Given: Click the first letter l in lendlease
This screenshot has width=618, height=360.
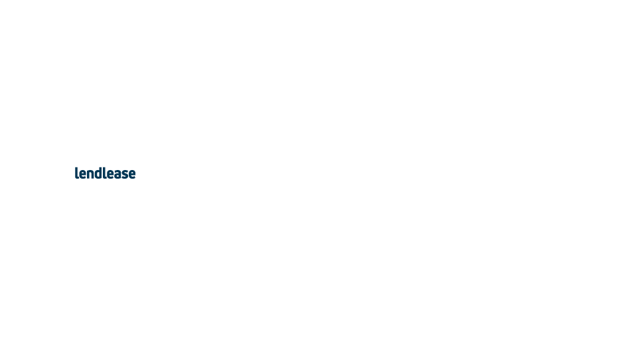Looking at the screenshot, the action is click(76, 173).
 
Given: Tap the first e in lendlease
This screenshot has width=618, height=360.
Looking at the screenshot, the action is click(83, 174).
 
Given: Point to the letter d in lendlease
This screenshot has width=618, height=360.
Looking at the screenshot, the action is click(99, 173).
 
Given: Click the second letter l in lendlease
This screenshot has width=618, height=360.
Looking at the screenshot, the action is click(105, 173).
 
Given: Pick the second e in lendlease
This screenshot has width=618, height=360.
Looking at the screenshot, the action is click(111, 174).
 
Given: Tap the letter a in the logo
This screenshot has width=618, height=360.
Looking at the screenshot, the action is click(118, 174).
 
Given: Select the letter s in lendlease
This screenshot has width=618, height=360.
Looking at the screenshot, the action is click(125, 174).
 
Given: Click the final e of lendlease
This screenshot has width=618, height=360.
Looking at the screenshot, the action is click(132, 174).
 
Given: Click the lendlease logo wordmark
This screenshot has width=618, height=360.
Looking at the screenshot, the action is click(106, 173).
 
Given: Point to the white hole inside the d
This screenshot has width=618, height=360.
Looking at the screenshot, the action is click(98, 174).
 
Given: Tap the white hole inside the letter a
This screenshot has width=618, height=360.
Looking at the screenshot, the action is click(118, 176).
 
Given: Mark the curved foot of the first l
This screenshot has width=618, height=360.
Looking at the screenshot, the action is click(78, 177).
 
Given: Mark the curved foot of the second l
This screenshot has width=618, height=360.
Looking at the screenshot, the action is click(106, 177).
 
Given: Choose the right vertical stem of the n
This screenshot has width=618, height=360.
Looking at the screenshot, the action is click(94, 175).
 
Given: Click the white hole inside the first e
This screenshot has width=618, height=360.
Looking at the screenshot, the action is click(83, 172).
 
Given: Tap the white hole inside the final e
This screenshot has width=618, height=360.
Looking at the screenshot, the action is click(132, 172).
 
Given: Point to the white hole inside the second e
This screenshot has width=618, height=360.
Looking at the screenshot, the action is click(111, 172).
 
